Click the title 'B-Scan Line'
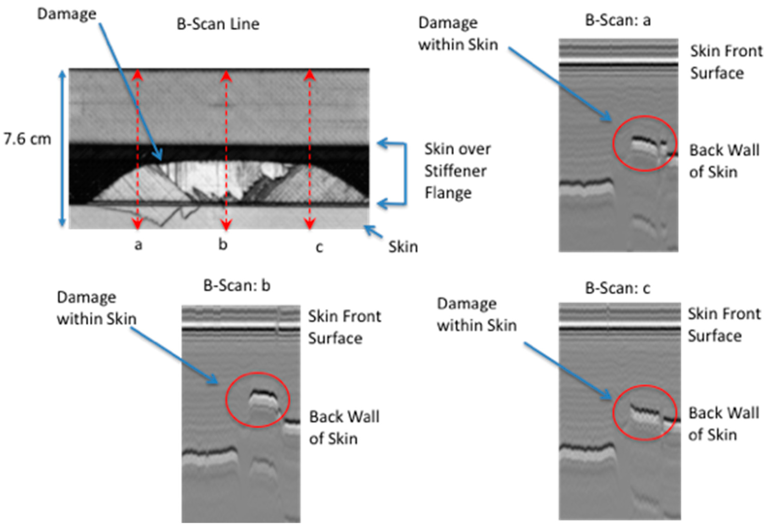pos(218,24)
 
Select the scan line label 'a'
pos(138,245)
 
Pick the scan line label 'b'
pos(223,244)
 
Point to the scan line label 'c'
pos(319,247)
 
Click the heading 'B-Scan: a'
pos(618,20)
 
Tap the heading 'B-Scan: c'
pos(617,288)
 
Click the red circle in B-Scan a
pos(644,143)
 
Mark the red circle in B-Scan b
pos(257,400)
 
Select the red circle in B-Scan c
pos(644,413)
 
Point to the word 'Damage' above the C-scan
pos(66,14)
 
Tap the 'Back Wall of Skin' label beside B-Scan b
pos(344,428)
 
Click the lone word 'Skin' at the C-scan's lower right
pos(403,247)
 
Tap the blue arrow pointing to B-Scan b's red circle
pos(173,356)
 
